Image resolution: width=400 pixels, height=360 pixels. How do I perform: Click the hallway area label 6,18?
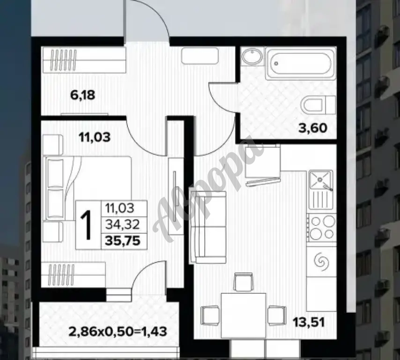pyautogui.click(x=82, y=95)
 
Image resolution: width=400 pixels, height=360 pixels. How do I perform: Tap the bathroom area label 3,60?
pyautogui.click(x=313, y=128)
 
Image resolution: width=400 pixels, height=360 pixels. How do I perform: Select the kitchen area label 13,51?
pyautogui.click(x=309, y=322)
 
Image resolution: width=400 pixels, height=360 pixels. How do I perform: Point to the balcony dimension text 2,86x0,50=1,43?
pyautogui.click(x=118, y=331)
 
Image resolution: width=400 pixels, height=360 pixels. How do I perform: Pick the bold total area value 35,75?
pyautogui.click(x=123, y=241)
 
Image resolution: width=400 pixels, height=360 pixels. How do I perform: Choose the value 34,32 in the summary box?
pyautogui.click(x=123, y=225)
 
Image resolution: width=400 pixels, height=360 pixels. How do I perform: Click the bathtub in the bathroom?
pyautogui.click(x=300, y=63)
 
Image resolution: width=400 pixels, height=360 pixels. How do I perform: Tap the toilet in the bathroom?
pyautogui.click(x=318, y=105)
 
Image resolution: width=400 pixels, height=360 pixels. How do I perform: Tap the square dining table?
pyautogui.click(x=244, y=315)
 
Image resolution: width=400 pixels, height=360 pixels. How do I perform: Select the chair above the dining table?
pyautogui.click(x=244, y=282)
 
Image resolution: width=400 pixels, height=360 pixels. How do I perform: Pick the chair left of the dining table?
pyautogui.click(x=210, y=315)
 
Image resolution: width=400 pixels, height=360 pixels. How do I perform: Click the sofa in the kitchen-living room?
pyautogui.click(x=208, y=227)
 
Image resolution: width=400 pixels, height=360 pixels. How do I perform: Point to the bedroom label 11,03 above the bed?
pyautogui.click(x=95, y=137)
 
